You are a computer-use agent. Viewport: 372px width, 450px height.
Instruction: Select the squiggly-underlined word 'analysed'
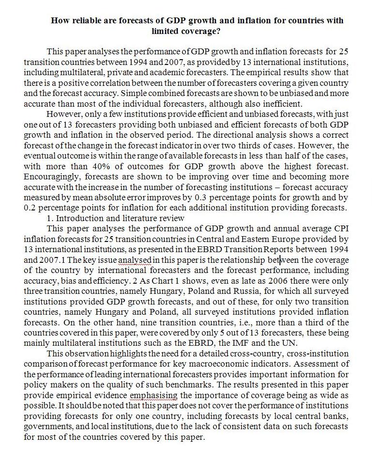tap(135, 259)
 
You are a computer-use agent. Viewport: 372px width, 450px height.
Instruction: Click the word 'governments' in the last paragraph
tap(46, 427)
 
